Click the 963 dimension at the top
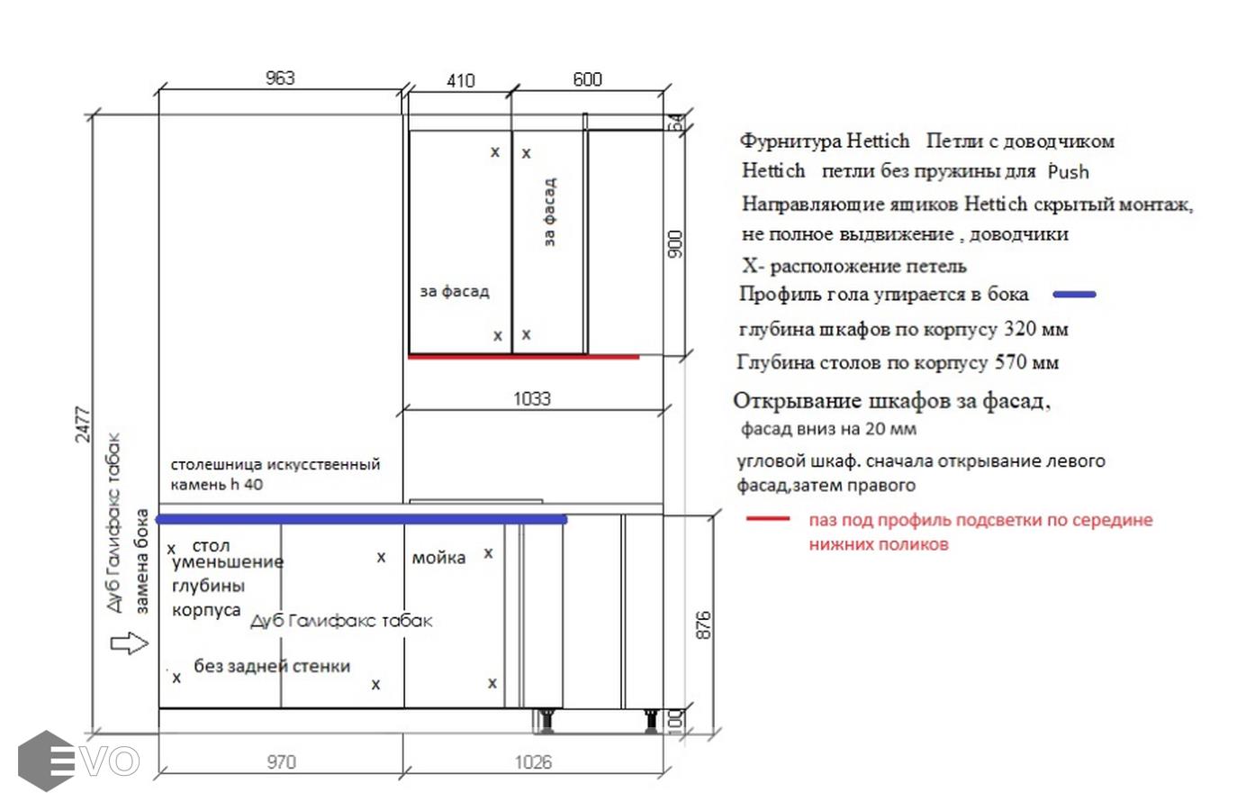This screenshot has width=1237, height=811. (x=280, y=78)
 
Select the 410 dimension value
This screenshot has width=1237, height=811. (x=461, y=81)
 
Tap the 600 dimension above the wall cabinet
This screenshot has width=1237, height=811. (x=587, y=79)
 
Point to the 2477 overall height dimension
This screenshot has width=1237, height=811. (x=82, y=424)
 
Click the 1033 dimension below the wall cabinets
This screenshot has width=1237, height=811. (x=532, y=398)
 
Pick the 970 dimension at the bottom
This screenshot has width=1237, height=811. (x=281, y=762)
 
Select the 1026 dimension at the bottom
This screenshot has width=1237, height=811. (x=533, y=762)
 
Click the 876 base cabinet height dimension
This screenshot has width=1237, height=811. (x=703, y=625)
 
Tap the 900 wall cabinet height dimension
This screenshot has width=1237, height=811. (x=675, y=244)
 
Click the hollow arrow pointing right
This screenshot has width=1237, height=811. (x=130, y=642)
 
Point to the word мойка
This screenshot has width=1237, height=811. (x=438, y=558)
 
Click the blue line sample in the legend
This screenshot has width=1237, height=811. (x=1074, y=295)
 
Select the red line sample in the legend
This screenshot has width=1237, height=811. (x=768, y=518)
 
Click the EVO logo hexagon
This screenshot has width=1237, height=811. (x=47, y=761)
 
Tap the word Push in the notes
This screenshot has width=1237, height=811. (x=1068, y=171)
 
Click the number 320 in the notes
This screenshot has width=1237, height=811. (x=1019, y=329)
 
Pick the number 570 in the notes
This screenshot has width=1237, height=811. (x=1011, y=362)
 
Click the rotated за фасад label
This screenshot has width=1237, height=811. (x=549, y=212)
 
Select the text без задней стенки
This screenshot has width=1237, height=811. (x=272, y=666)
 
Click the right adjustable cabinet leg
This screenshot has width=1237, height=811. (x=651, y=720)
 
